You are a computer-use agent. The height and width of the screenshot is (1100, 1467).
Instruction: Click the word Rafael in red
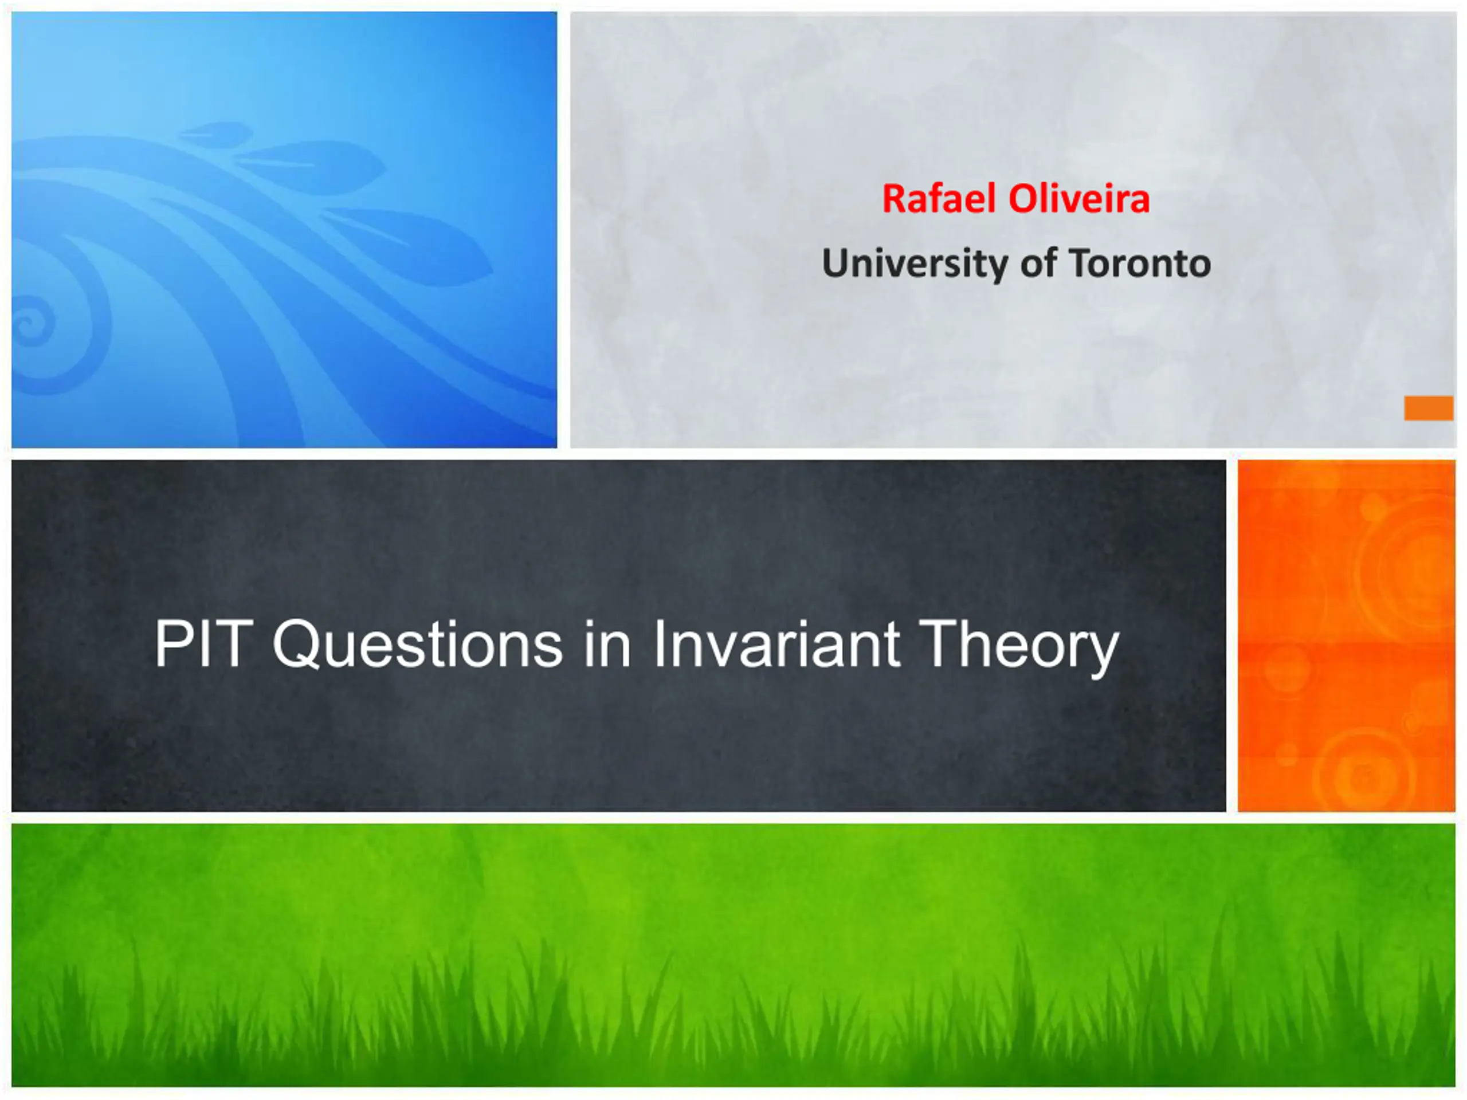[x=939, y=198]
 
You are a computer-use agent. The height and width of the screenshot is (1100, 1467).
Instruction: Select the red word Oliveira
[x=1079, y=198]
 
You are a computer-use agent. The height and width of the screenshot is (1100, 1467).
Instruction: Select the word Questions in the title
[x=418, y=645]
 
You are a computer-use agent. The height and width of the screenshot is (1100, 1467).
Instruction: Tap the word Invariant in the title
[x=776, y=643]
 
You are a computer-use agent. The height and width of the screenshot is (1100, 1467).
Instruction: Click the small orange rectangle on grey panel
[x=1429, y=408]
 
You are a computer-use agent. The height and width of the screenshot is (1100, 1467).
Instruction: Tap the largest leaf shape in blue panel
[x=408, y=245]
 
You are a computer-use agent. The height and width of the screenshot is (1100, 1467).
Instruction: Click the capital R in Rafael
[x=894, y=198]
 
